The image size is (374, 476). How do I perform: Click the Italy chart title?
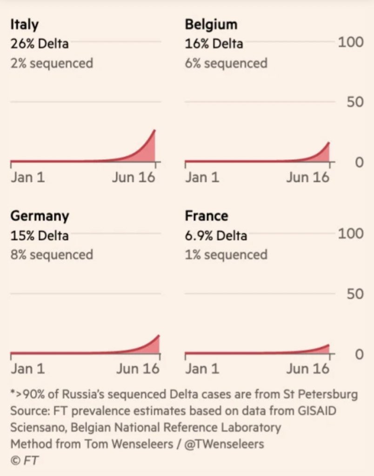(24, 25)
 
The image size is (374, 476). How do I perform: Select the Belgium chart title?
(211, 25)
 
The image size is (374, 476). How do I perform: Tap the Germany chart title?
(40, 216)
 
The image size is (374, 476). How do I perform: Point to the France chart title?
(207, 216)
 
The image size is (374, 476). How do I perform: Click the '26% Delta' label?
(40, 44)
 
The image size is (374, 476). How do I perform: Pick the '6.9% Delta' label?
(216, 235)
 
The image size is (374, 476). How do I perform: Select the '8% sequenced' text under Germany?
(52, 255)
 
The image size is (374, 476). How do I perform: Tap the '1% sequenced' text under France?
(226, 255)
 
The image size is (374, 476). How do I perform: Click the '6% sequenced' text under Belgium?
(226, 63)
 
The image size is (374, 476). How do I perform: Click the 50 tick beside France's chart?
(354, 294)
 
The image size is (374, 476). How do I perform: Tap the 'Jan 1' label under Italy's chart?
(28, 178)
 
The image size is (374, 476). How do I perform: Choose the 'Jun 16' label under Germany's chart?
(138, 369)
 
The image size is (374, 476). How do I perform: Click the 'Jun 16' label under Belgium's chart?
(307, 178)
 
